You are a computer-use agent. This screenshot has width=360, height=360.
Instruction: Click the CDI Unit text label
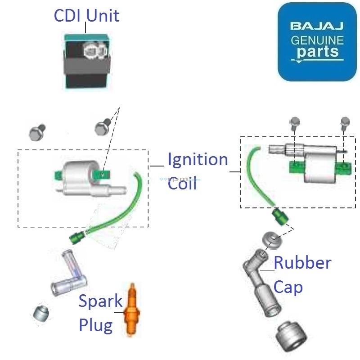pyautogui.click(x=86, y=16)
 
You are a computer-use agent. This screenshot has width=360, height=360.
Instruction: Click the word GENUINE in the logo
pyautogui.click(x=317, y=40)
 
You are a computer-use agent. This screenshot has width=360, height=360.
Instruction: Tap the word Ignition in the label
pyautogui.click(x=198, y=160)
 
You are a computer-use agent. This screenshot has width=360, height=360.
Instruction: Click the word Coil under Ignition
pyautogui.click(x=182, y=184)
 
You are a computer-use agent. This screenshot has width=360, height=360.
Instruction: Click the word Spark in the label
pyautogui.click(x=100, y=301)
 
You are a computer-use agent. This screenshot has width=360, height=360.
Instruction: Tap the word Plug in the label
pyautogui.click(x=96, y=325)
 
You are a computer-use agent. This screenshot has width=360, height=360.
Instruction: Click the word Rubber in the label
pyautogui.click(x=302, y=262)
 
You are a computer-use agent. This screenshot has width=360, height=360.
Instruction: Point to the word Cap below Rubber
pyautogui.click(x=288, y=287)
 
